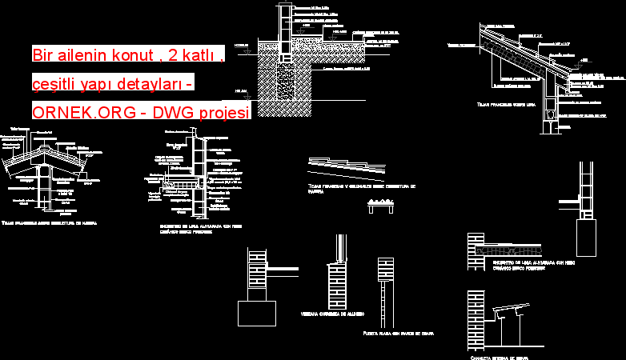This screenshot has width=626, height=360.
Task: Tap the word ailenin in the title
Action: coord(94,55)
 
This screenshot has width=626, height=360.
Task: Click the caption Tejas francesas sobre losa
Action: coord(505,104)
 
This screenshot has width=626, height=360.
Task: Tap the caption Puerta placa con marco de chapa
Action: coord(398,332)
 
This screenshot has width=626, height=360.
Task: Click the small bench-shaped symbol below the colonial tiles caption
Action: coord(382,206)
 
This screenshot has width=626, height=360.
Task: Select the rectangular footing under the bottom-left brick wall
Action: coord(257,313)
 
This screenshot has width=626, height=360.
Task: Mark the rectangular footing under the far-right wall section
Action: coord(587,238)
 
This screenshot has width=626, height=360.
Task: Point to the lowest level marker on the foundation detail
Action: coord(243,90)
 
